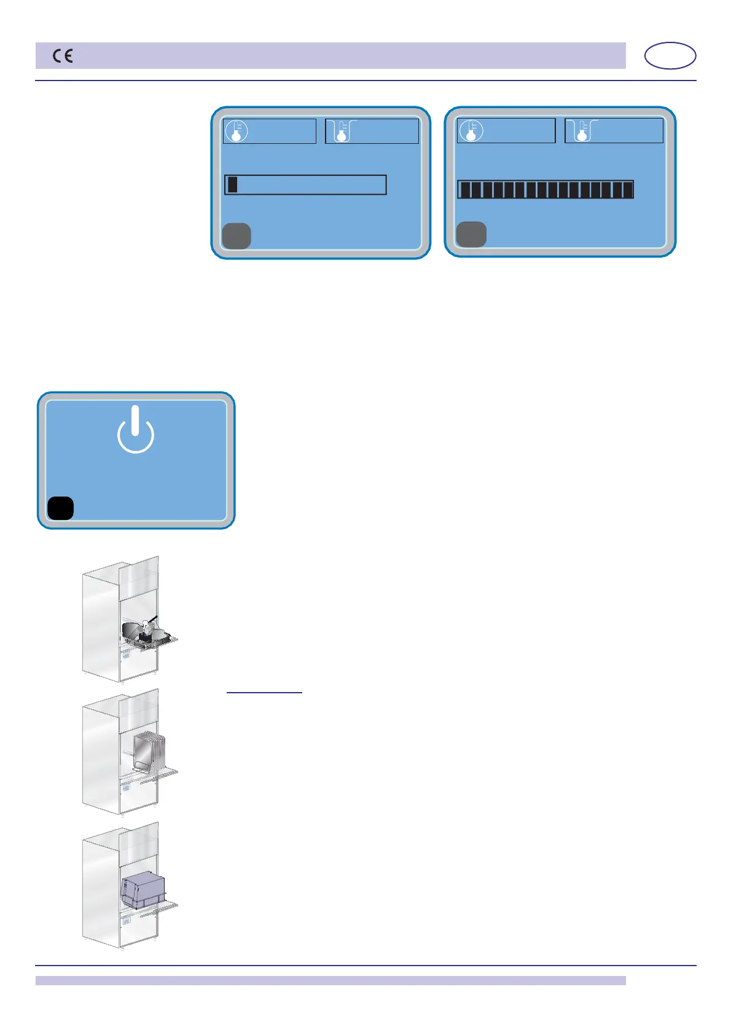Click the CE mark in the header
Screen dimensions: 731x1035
coord(63,57)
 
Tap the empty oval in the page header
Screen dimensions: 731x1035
coord(670,56)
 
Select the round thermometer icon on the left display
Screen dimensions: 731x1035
coord(237,131)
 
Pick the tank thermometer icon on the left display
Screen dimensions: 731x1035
coord(342,131)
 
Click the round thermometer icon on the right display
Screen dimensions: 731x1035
coord(471,130)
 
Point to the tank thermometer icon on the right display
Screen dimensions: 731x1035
coord(581,130)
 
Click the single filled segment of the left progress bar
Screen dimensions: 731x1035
coord(232,184)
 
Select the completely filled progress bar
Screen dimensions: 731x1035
coord(545,189)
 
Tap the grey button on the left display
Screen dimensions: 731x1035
coord(237,236)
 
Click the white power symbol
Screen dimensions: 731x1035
coord(136,430)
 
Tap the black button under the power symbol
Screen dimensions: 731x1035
coord(61,508)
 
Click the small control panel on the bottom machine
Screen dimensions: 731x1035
coord(125,921)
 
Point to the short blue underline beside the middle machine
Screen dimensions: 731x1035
coord(264,693)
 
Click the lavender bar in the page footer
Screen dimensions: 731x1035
coord(330,981)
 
